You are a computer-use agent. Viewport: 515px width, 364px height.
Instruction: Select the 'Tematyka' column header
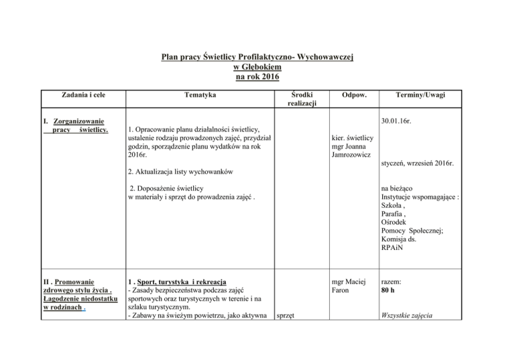point(198,96)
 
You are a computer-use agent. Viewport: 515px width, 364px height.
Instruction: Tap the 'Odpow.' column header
point(353,96)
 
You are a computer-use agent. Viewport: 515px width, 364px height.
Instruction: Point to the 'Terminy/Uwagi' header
point(423,96)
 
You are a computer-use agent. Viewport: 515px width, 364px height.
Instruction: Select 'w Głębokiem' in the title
point(257,67)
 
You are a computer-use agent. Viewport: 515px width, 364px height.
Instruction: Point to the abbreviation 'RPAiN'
point(392,247)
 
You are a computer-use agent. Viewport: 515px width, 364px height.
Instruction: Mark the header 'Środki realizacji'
point(296,100)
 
